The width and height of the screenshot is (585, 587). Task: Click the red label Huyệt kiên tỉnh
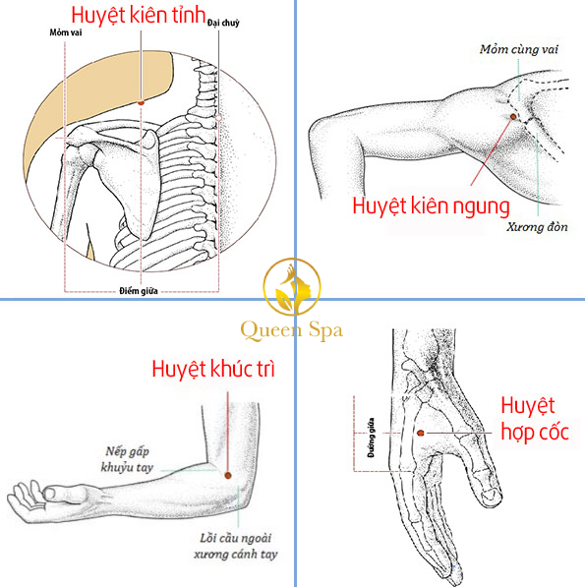pos(138,16)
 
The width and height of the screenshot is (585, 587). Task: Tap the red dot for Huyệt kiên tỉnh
pos(142,102)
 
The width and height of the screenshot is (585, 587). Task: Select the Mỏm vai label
pos(66,32)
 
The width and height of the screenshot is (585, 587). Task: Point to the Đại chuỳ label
pos(223,23)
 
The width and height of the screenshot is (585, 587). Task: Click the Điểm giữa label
pos(139,291)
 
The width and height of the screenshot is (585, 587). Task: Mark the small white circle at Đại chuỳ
pos(218,118)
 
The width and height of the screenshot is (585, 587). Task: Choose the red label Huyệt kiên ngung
pos(432,206)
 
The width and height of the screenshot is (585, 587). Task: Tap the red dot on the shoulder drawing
pos(513,117)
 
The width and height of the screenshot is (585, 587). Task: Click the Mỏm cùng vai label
pos(519,49)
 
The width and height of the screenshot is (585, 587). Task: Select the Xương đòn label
pos(537,227)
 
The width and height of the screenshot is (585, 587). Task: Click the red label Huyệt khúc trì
pos(213,369)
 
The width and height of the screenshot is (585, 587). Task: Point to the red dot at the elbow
pos(228,476)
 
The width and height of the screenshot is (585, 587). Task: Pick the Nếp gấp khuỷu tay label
pos(127,460)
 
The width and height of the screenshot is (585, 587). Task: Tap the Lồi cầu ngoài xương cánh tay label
pos(236,546)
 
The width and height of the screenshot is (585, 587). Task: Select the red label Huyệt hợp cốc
pos(535,419)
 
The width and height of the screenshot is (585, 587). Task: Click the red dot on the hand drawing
pos(421,434)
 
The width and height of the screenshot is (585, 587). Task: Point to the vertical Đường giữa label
pos(371,438)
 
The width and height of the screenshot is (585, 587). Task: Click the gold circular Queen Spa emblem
pos(292,287)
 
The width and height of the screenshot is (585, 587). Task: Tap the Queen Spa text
pos(292,331)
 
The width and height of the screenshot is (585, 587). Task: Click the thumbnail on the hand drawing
pos(491,496)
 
